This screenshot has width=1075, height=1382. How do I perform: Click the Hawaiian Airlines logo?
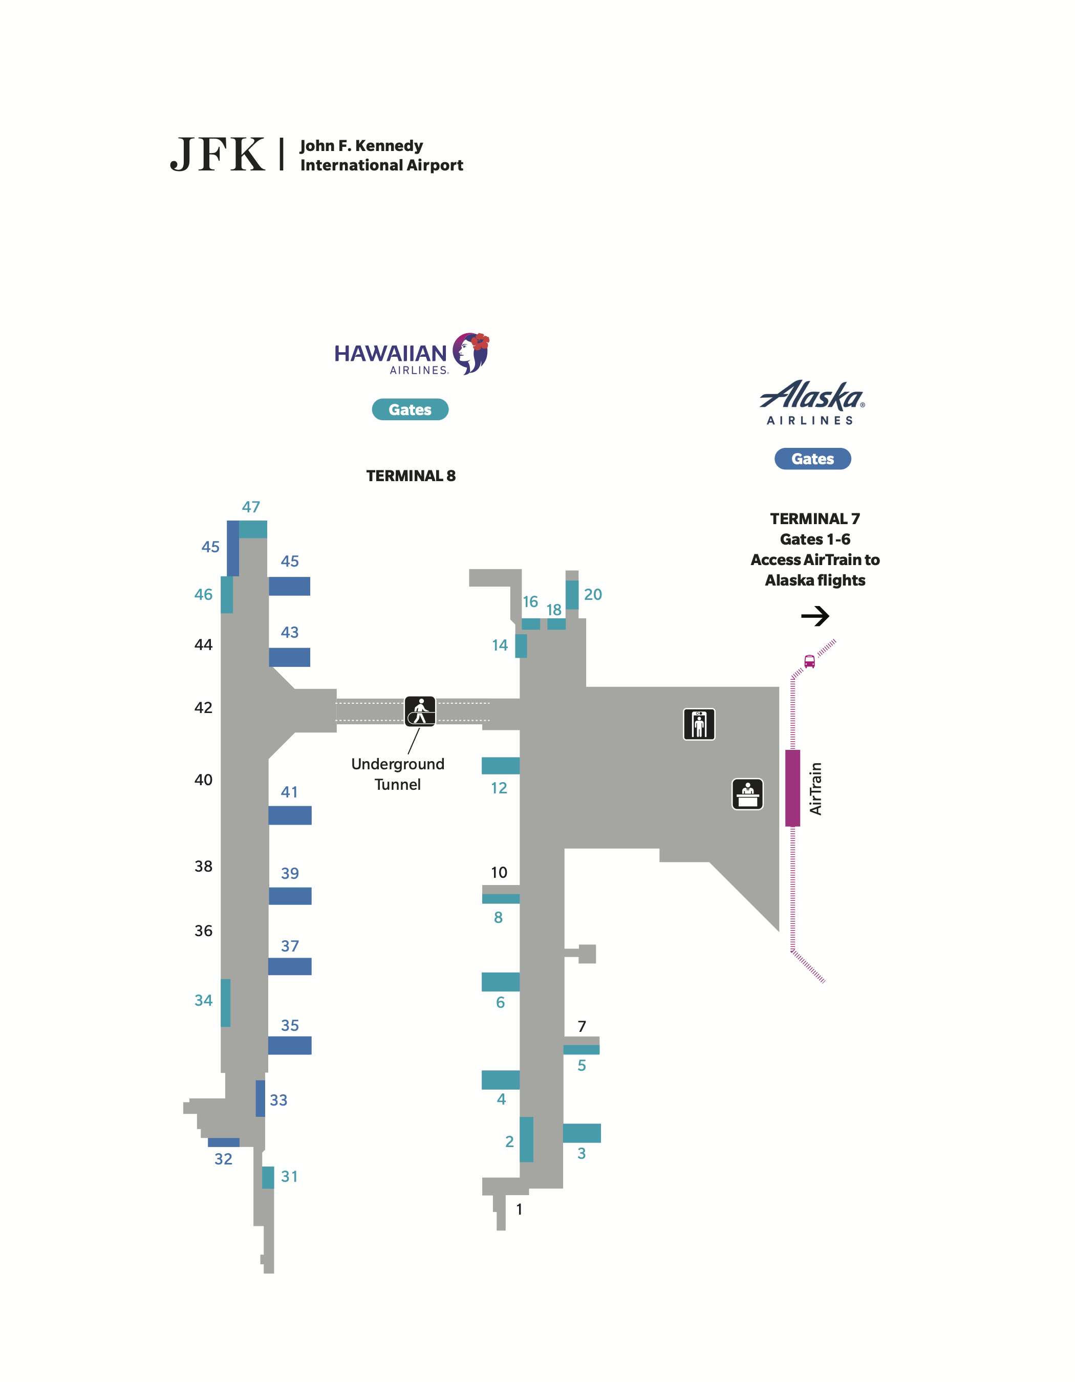click(411, 354)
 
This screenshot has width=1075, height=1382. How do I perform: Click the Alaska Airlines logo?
click(812, 402)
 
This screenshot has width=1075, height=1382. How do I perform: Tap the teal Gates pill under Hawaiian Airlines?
click(410, 409)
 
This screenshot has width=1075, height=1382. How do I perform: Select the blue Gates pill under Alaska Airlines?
click(812, 459)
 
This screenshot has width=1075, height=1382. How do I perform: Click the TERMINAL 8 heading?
click(411, 476)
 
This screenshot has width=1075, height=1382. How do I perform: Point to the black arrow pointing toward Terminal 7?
click(815, 616)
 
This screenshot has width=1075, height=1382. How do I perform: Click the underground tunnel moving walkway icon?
click(420, 711)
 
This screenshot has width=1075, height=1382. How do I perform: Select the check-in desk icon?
click(747, 794)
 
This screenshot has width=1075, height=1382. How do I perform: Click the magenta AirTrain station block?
click(792, 788)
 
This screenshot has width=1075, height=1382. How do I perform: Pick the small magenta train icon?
click(809, 661)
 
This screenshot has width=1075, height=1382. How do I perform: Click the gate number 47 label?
click(251, 507)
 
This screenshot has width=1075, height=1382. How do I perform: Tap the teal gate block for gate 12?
click(501, 766)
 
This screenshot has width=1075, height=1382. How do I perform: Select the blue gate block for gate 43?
click(289, 657)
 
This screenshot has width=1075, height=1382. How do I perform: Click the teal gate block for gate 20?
click(572, 595)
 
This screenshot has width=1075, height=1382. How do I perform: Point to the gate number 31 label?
click(289, 1176)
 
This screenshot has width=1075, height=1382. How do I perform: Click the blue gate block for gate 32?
click(223, 1142)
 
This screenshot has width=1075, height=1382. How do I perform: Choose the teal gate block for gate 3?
click(582, 1133)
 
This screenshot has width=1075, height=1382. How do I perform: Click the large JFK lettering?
click(218, 155)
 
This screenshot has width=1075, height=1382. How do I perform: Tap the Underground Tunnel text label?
click(397, 774)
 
